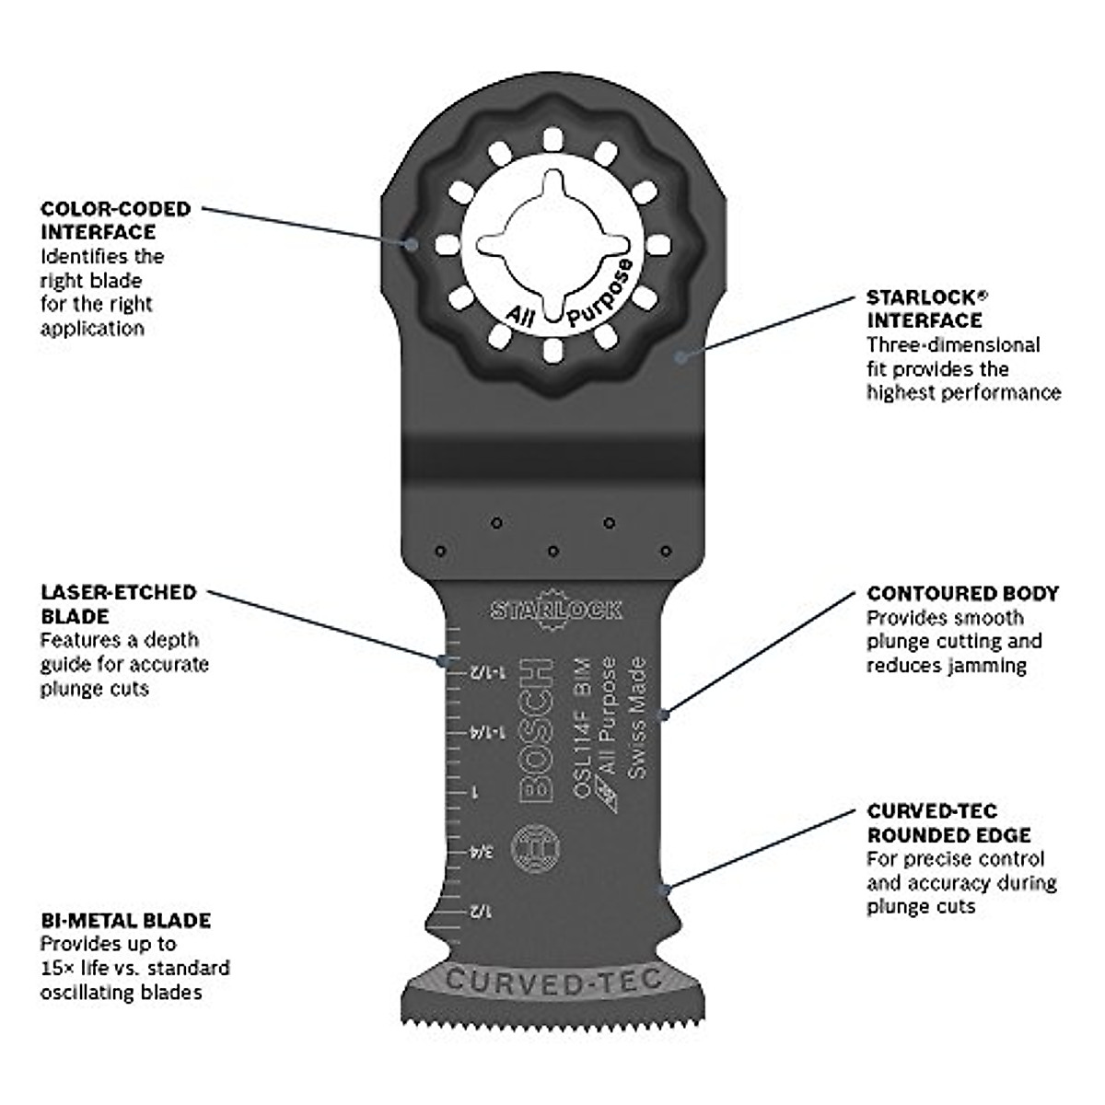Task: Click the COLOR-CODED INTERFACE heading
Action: pyautogui.click(x=115, y=220)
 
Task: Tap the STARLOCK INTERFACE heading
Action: pyautogui.click(x=924, y=309)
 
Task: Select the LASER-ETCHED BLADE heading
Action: pyautogui.click(x=118, y=604)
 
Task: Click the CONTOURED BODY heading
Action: pyautogui.click(x=962, y=594)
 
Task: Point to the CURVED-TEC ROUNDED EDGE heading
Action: pyautogui.click(x=948, y=823)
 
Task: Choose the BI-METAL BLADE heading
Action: pyautogui.click(x=125, y=920)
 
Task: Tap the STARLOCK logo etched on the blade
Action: pyautogui.click(x=555, y=608)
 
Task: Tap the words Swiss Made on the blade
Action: pyautogui.click(x=638, y=718)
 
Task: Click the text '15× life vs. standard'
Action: pyautogui.click(x=134, y=968)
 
